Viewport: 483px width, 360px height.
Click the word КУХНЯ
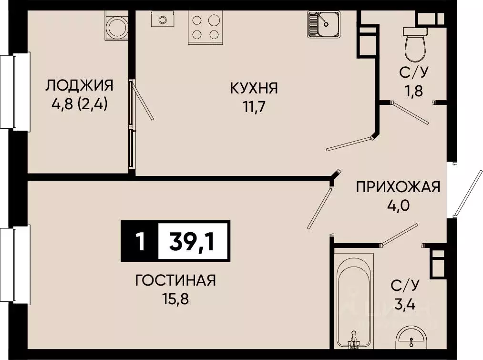coord(254,88)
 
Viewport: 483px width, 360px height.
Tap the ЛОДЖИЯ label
coord(80,86)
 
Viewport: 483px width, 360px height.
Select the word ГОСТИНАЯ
coord(175,280)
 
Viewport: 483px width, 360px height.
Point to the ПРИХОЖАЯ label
coord(398,187)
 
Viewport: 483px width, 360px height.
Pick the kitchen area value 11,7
coord(254,106)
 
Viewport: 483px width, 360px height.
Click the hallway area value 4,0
coord(398,206)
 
